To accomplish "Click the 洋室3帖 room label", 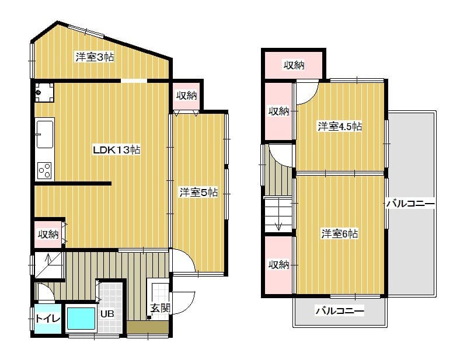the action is tap(95, 57).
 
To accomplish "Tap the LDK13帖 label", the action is tap(117, 150).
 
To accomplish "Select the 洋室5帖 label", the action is tap(198, 193).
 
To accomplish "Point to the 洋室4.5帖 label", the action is tap(340, 127).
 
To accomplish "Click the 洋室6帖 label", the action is tap(339, 234).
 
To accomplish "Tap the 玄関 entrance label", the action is tap(160, 308).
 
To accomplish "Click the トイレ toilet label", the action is tap(48, 319).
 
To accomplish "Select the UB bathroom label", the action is tap(107, 314).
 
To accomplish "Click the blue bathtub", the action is tap(81, 319).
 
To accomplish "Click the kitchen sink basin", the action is tap(45, 135).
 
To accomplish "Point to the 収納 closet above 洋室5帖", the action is tap(187, 95).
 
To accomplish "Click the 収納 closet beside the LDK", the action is tap(48, 234).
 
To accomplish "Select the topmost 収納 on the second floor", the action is tap(294, 65).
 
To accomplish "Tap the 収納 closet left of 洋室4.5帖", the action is tap(279, 111).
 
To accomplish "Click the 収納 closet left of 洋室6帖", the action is tap(278, 265).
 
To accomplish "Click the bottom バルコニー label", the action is tap(340, 310).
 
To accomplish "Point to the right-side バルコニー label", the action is tap(410, 204).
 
